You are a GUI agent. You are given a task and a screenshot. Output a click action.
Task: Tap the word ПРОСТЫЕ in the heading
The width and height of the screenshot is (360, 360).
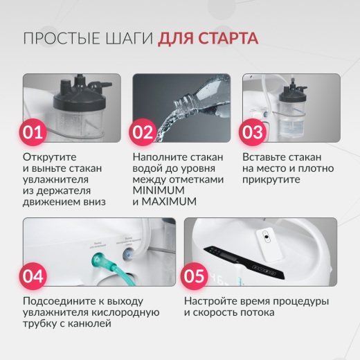59,37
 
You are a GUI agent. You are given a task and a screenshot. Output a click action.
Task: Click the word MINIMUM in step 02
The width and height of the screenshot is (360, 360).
159,190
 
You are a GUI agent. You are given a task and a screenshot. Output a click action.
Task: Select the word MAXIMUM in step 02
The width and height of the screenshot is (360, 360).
170,201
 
